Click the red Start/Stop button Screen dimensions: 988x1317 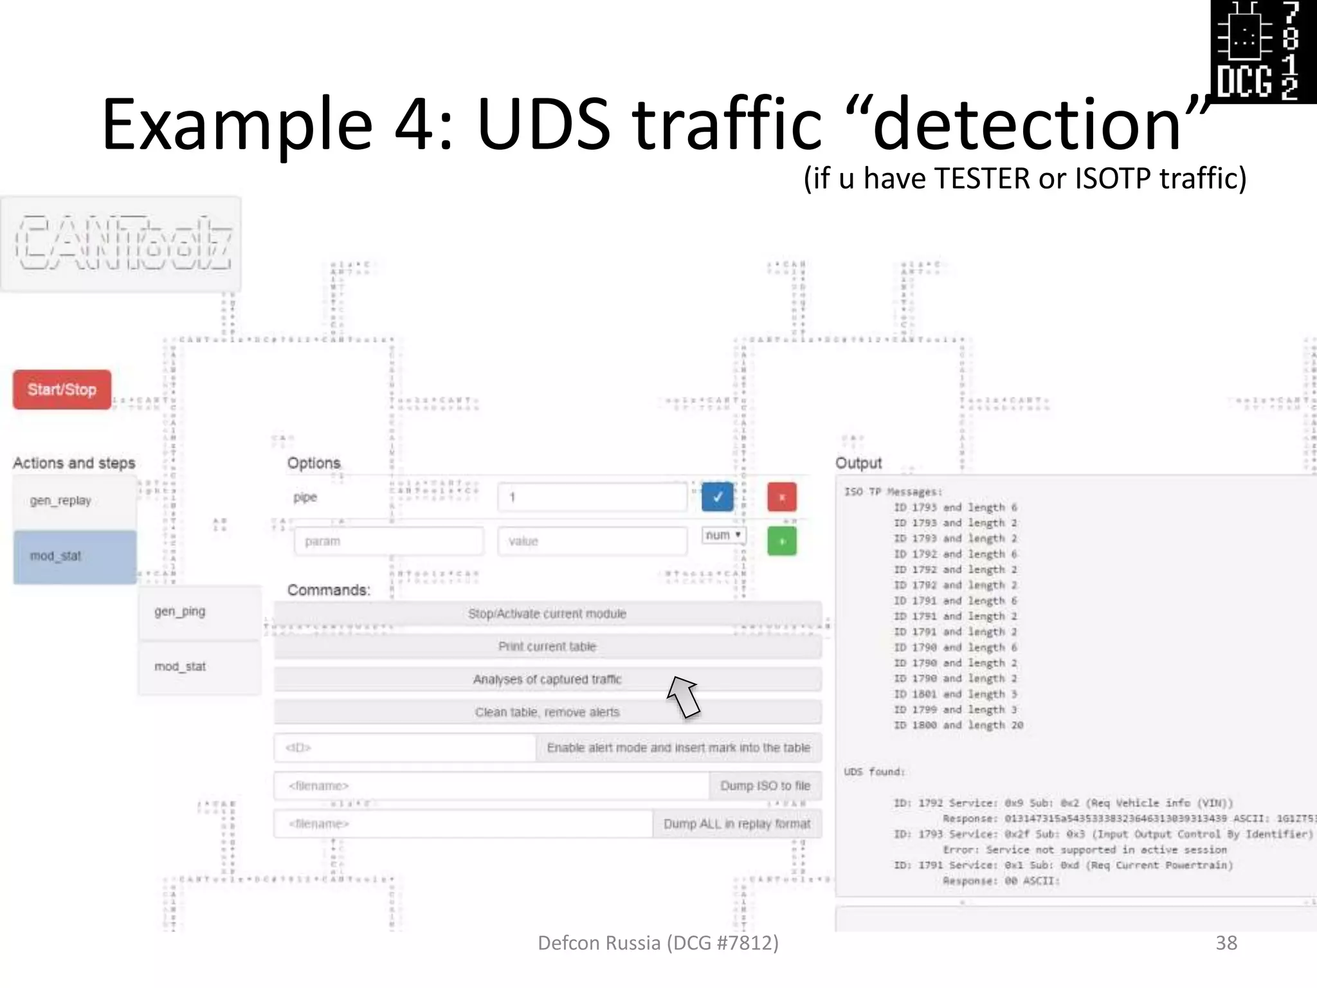62,389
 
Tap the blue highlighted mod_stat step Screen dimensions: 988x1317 75,556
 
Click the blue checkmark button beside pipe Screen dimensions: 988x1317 717,497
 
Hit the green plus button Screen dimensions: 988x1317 781,541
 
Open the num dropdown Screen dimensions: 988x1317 723,535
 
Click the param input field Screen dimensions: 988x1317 388,541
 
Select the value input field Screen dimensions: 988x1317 592,541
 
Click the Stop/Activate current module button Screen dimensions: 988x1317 547,614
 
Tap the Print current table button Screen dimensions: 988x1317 547,646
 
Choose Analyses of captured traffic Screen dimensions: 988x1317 547,679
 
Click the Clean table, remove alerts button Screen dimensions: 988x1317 547,712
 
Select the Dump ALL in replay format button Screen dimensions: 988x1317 737,824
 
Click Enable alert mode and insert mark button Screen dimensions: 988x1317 678,747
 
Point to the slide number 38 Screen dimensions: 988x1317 1226,943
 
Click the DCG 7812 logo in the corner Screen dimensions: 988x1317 1263,51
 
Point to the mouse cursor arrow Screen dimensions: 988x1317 683,696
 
